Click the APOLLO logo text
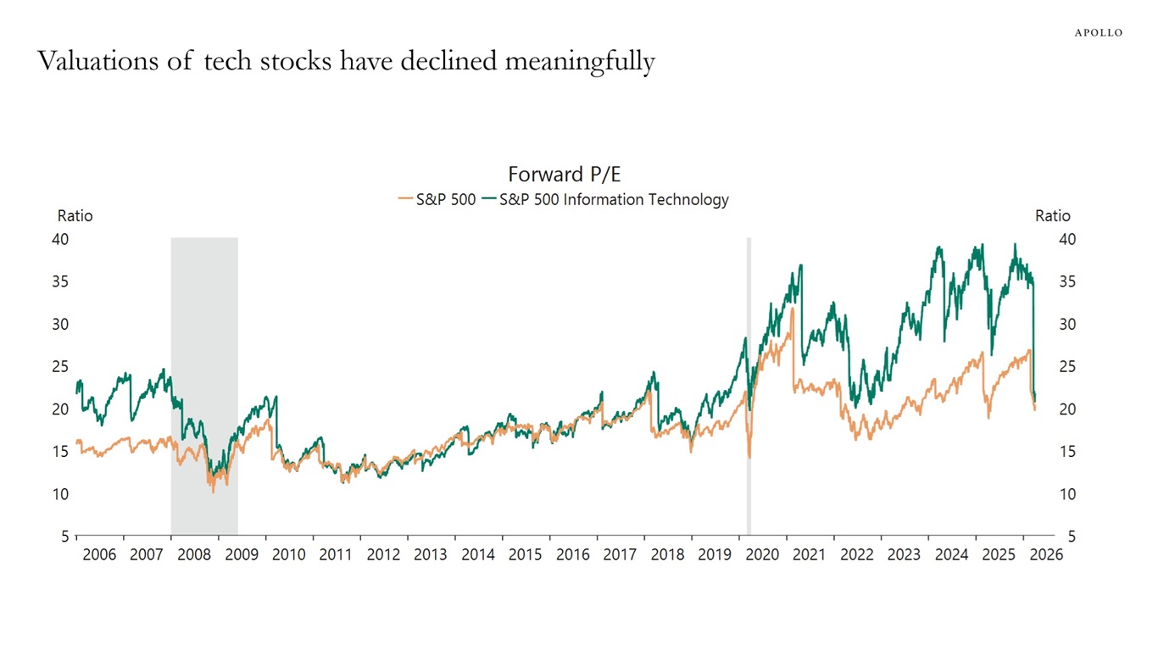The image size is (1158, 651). coord(1098,32)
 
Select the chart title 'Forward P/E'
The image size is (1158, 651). coord(564,175)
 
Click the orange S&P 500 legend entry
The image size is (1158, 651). coord(437,200)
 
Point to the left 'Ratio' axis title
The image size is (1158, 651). coord(75,216)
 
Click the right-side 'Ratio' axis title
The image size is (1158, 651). coord(1052,216)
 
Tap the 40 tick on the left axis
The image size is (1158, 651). coord(60,240)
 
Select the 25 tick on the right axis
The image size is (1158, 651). coord(1066,367)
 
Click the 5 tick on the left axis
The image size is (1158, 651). coord(64,537)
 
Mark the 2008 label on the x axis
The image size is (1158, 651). coord(193,555)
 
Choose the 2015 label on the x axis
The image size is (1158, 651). coord(525,555)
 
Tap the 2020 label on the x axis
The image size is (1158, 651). coord(761,555)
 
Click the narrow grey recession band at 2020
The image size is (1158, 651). coord(749,381)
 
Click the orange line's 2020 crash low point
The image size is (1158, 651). coord(749,457)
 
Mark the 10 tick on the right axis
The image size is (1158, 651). coord(1066,494)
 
